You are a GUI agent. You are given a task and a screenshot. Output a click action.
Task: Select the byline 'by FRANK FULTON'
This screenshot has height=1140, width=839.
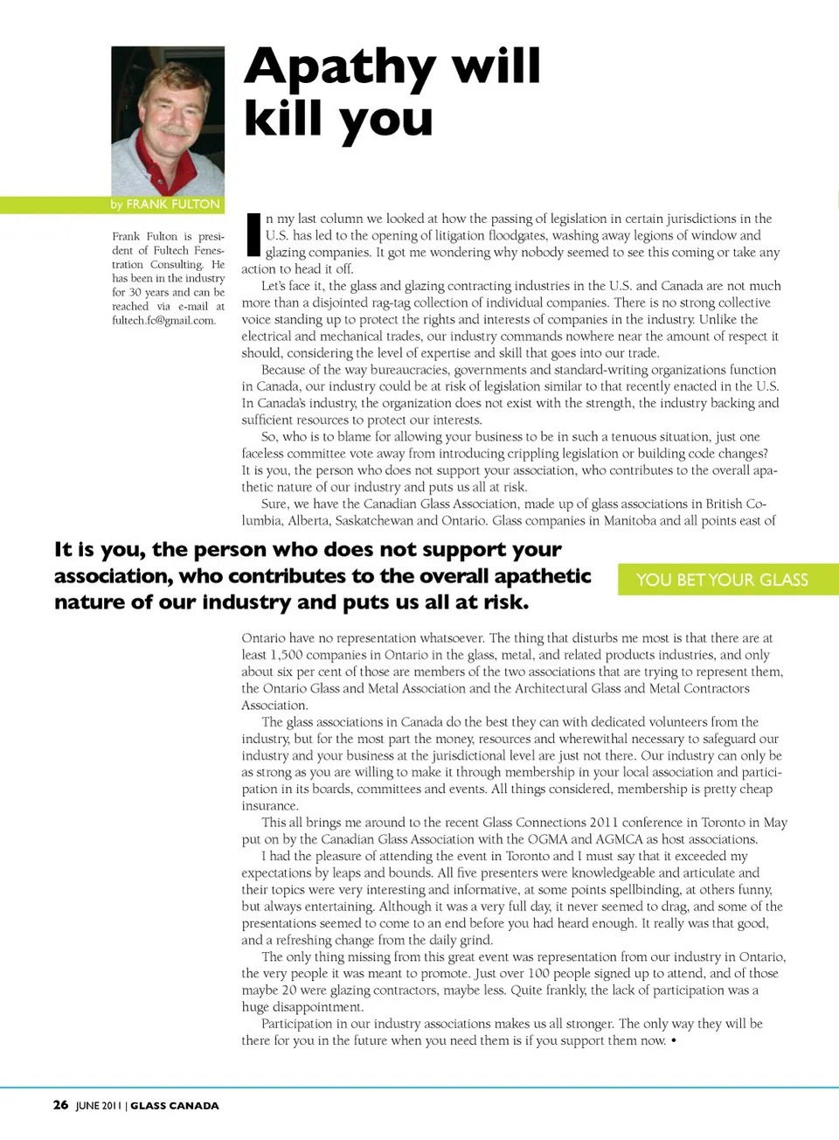click(165, 205)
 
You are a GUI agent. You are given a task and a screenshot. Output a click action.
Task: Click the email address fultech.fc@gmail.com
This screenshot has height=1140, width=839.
click(163, 320)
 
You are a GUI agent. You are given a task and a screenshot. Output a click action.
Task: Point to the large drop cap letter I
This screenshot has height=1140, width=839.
click(253, 234)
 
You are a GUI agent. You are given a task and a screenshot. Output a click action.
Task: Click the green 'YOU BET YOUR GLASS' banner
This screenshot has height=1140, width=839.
click(722, 580)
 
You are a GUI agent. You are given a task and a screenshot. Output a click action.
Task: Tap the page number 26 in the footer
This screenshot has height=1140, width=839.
click(60, 1105)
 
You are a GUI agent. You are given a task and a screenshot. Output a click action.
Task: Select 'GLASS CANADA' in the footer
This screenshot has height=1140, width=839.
click(175, 1106)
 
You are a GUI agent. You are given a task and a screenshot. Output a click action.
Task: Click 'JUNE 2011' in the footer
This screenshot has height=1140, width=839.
click(99, 1106)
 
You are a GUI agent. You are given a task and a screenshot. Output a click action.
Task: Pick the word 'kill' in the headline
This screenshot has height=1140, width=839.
click(284, 119)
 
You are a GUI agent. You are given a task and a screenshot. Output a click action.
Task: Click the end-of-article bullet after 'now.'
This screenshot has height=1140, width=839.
click(674, 1040)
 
